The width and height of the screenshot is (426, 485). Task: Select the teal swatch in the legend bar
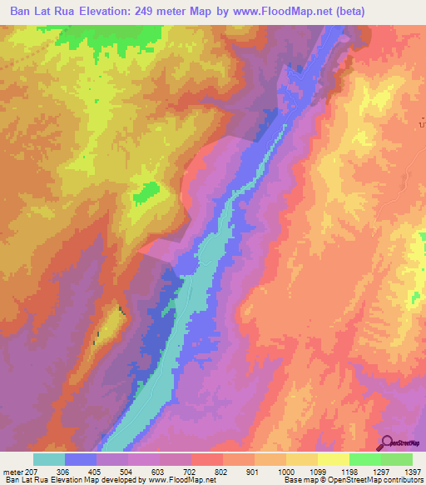click(x=49, y=459)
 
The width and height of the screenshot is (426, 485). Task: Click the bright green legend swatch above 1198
click(x=364, y=459)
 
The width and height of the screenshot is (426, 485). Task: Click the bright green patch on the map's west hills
click(x=147, y=192)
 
